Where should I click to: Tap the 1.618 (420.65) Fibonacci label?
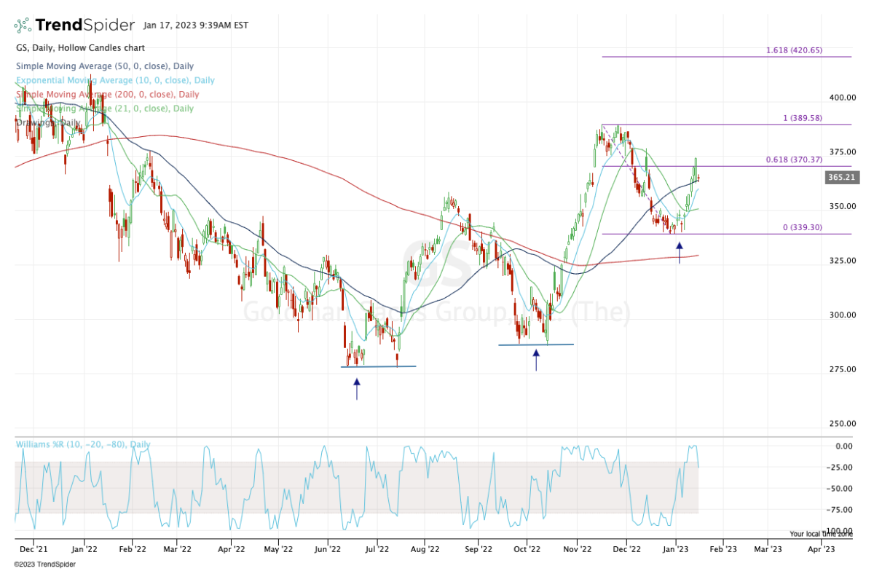click(x=794, y=50)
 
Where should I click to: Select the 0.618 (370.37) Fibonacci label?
click(x=794, y=160)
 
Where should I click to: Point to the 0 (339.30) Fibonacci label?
click(x=802, y=227)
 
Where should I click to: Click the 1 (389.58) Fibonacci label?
click(x=802, y=118)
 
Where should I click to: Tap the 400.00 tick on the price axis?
click(x=841, y=98)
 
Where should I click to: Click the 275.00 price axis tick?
click(x=841, y=369)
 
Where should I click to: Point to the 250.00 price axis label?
click(x=841, y=424)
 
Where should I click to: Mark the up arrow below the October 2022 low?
click(x=536, y=360)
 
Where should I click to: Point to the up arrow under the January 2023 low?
click(x=680, y=252)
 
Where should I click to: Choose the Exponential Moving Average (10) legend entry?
click(x=115, y=80)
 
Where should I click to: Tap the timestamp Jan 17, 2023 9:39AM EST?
click(x=196, y=25)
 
